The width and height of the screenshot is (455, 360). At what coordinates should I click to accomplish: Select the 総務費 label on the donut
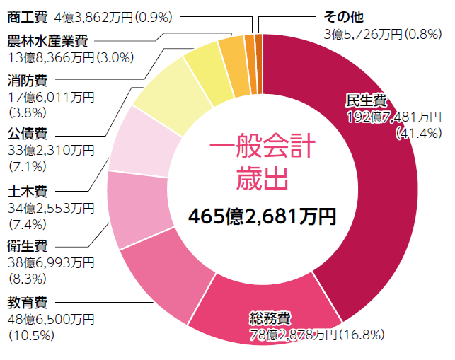pyautogui.click(x=270, y=316)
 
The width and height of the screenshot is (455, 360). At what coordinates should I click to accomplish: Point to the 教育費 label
pyautogui.click(x=27, y=304)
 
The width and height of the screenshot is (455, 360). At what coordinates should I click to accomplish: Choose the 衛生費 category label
pyautogui.click(x=27, y=247)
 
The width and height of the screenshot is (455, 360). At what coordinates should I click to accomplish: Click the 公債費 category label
pyautogui.click(x=27, y=133)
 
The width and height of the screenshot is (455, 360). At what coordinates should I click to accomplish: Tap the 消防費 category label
pyautogui.click(x=27, y=79)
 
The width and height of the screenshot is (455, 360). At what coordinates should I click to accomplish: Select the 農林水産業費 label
pyautogui.click(x=48, y=40)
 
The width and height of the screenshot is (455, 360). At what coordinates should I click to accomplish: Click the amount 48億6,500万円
pyautogui.click(x=50, y=320)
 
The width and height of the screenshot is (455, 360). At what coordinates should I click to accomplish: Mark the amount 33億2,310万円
pyautogui.click(x=50, y=149)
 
